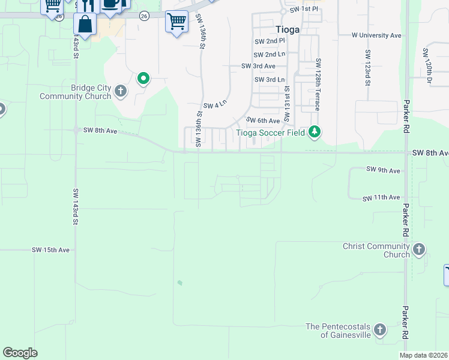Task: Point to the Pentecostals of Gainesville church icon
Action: click(379, 329)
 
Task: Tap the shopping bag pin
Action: click(85, 25)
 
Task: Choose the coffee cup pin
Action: click(110, 4)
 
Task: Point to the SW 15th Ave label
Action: click(51, 250)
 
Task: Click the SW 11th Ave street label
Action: click(381, 197)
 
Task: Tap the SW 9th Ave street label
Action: click(383, 170)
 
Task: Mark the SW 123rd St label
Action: click(367, 67)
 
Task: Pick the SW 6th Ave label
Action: click(263, 121)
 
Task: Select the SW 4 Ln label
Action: click(215, 105)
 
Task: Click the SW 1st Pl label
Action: click(303, 10)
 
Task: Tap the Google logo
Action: click(20, 353)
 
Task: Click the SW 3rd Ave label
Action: click(258, 66)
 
